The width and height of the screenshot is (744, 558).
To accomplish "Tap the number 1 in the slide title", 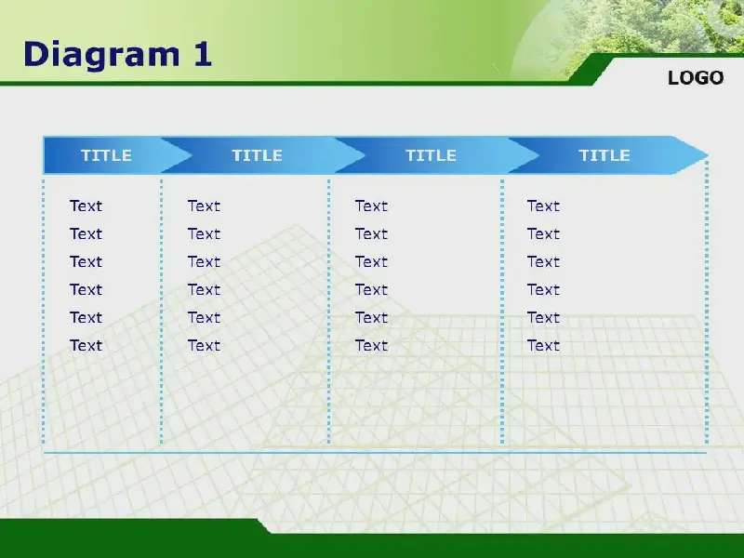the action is tap(203, 54).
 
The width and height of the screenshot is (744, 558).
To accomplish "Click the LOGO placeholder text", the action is tap(696, 78).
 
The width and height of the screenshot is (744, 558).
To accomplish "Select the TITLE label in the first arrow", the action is tap(106, 155).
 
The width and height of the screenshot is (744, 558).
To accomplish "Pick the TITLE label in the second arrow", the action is tap(257, 155).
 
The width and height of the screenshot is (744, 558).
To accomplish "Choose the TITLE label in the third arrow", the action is tap(431, 155).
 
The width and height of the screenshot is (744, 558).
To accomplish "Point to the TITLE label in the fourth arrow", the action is tap(604, 155).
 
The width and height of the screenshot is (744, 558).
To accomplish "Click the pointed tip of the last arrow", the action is tap(708, 155).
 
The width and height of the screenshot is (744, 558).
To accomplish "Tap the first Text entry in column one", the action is tap(86, 206).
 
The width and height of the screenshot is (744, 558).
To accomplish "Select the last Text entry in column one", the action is tap(86, 345).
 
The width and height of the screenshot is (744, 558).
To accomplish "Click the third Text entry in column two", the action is tap(204, 262).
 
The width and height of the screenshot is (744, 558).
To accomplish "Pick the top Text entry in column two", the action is tap(204, 206).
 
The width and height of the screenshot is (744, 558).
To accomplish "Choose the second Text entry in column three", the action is tap(371, 234).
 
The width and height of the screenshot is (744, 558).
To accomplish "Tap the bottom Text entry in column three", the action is tap(371, 345).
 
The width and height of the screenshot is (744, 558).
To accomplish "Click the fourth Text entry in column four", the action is tap(543, 290).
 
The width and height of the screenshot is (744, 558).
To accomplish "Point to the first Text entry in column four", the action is tap(543, 206).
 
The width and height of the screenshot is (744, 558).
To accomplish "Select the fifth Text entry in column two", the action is tap(204, 318).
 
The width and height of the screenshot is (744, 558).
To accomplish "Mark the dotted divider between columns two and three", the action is tap(329, 312).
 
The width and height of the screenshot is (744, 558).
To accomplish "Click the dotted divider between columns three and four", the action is tap(502, 312).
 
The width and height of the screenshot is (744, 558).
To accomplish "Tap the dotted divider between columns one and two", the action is tap(161, 312).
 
